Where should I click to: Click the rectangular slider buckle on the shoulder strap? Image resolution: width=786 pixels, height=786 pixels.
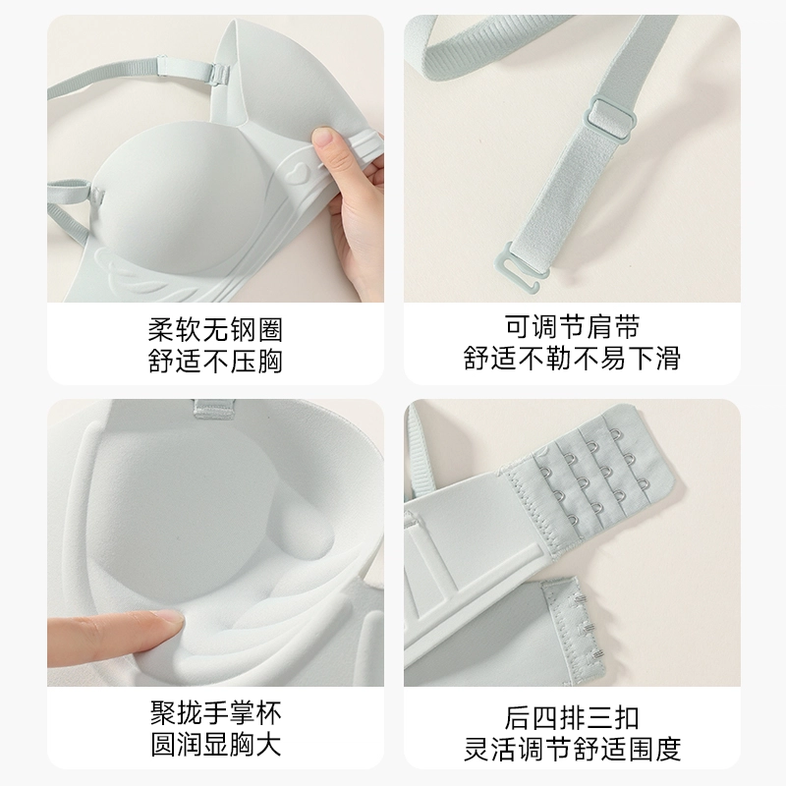click(609, 120)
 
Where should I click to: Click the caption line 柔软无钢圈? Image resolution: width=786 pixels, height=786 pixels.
click(215, 330)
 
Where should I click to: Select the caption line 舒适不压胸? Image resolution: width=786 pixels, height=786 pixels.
click(215, 361)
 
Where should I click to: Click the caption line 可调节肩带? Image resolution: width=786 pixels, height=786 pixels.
click(572, 327)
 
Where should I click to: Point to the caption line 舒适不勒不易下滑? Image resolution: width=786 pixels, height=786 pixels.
click(572, 358)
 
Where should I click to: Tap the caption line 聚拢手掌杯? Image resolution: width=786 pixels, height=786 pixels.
click(215, 713)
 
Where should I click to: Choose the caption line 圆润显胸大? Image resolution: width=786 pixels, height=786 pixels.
click(215, 744)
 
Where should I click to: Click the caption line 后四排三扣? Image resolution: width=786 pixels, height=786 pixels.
click(572, 718)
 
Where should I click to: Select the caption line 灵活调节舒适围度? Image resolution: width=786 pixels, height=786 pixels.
click(572, 749)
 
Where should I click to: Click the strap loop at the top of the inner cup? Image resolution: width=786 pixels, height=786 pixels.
click(214, 409)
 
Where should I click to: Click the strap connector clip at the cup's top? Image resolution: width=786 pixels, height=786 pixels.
click(219, 74)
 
